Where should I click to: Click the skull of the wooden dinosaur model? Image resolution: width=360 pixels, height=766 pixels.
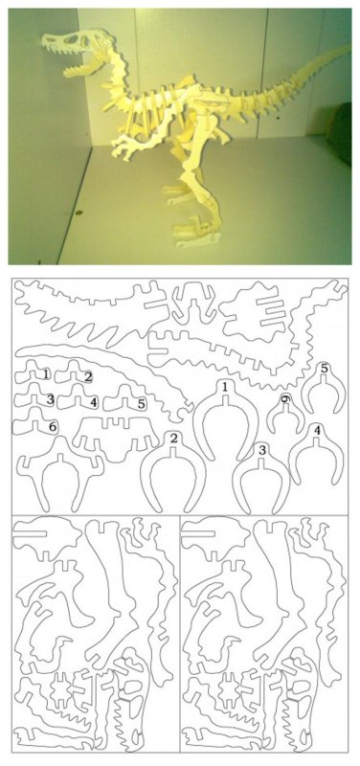pyautogui.click(x=74, y=45)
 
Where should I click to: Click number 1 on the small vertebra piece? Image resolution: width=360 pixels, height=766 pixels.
pyautogui.click(x=46, y=374)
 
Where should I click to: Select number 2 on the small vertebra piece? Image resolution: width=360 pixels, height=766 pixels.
pyautogui.click(x=88, y=376)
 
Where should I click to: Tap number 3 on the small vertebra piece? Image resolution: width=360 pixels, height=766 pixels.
pyautogui.click(x=50, y=399)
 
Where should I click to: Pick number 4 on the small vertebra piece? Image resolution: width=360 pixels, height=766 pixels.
pyautogui.click(x=93, y=402)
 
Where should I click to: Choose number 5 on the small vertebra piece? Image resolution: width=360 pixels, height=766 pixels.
pyautogui.click(x=141, y=404)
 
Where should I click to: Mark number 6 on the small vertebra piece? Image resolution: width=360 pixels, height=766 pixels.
pyautogui.click(x=53, y=427)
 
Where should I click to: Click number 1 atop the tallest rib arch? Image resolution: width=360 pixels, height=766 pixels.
pyautogui.click(x=225, y=388)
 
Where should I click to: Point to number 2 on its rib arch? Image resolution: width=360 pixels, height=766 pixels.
pyautogui.click(x=173, y=439)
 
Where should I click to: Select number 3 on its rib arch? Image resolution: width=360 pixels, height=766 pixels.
pyautogui.click(x=262, y=450)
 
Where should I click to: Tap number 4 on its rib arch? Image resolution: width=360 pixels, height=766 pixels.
pyautogui.click(x=317, y=430)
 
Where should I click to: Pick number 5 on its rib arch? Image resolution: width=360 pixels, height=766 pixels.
pyautogui.click(x=325, y=369)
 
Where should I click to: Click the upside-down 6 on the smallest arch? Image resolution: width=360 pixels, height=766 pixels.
pyautogui.click(x=285, y=399)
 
